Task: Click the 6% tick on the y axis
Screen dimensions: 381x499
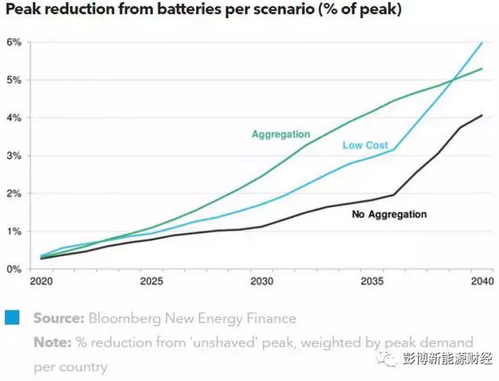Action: tap(14, 43)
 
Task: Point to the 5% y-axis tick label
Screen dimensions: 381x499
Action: tap(14, 80)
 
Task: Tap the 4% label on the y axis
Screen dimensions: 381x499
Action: tap(14, 118)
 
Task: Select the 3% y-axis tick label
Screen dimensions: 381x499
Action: tap(14, 156)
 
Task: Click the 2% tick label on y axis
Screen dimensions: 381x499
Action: tap(14, 193)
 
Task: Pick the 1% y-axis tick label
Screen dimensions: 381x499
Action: tap(14, 231)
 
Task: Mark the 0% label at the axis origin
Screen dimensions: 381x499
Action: tap(14, 269)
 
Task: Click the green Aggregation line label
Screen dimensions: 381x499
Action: tap(281, 135)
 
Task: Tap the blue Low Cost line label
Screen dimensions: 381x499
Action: tap(366, 145)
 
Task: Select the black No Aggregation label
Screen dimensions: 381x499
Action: tap(389, 214)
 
